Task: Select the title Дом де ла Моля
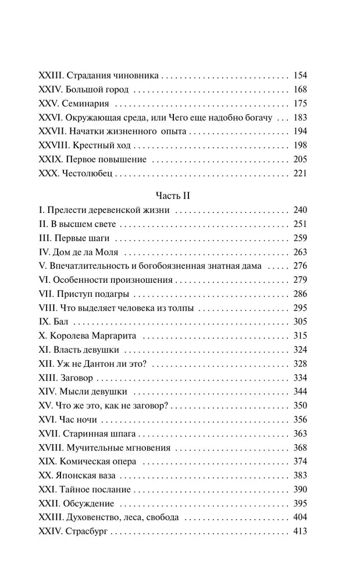92,253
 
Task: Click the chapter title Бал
62,322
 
